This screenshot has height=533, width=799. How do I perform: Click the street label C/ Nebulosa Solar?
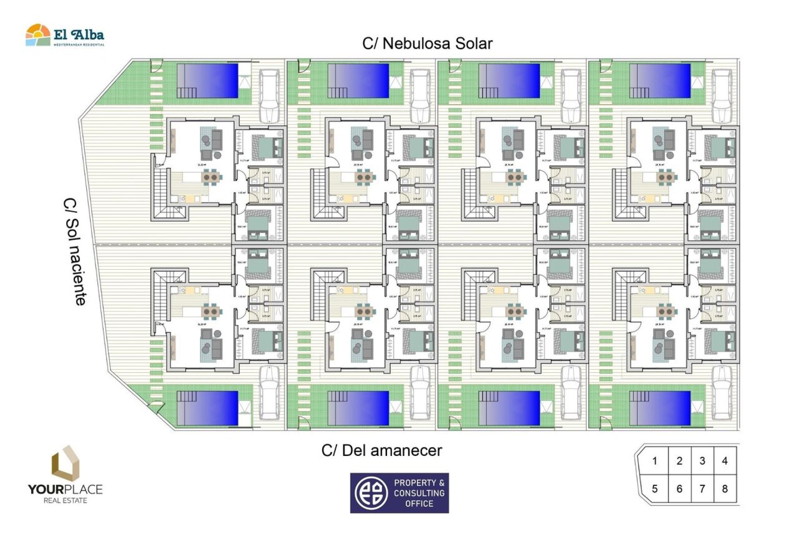(x=427, y=43)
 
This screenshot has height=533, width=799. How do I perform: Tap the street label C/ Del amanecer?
(x=382, y=451)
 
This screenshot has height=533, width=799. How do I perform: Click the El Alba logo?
(x=65, y=35)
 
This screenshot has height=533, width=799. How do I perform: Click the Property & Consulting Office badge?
(x=399, y=493)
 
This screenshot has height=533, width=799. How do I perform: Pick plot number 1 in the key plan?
(x=655, y=461)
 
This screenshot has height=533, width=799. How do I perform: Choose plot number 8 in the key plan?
(x=725, y=488)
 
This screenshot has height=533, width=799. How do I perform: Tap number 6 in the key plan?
(x=679, y=488)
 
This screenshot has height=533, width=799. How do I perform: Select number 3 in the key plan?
(x=702, y=461)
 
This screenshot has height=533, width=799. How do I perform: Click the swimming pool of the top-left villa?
(x=208, y=81)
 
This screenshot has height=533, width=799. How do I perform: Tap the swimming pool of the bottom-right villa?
(x=660, y=408)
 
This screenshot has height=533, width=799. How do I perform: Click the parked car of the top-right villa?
(x=722, y=96)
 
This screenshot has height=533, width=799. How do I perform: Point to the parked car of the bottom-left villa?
(x=269, y=393)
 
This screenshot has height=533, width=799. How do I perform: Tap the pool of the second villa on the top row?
(x=359, y=81)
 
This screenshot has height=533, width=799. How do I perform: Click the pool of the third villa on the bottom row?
(x=509, y=408)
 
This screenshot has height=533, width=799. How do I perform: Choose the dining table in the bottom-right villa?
(x=665, y=311)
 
